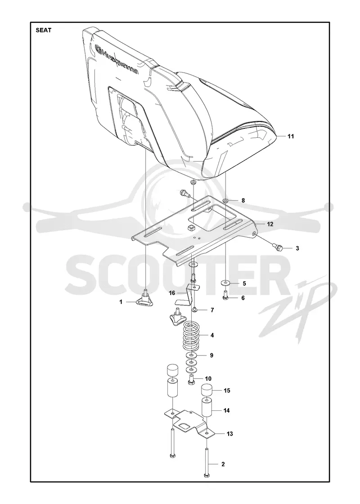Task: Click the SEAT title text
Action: (43, 31)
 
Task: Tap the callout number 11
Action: (291, 136)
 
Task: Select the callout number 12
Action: (270, 224)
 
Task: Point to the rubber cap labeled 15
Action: (208, 391)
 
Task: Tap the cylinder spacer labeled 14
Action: (208, 408)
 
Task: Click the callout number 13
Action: (229, 434)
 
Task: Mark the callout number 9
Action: (211, 355)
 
